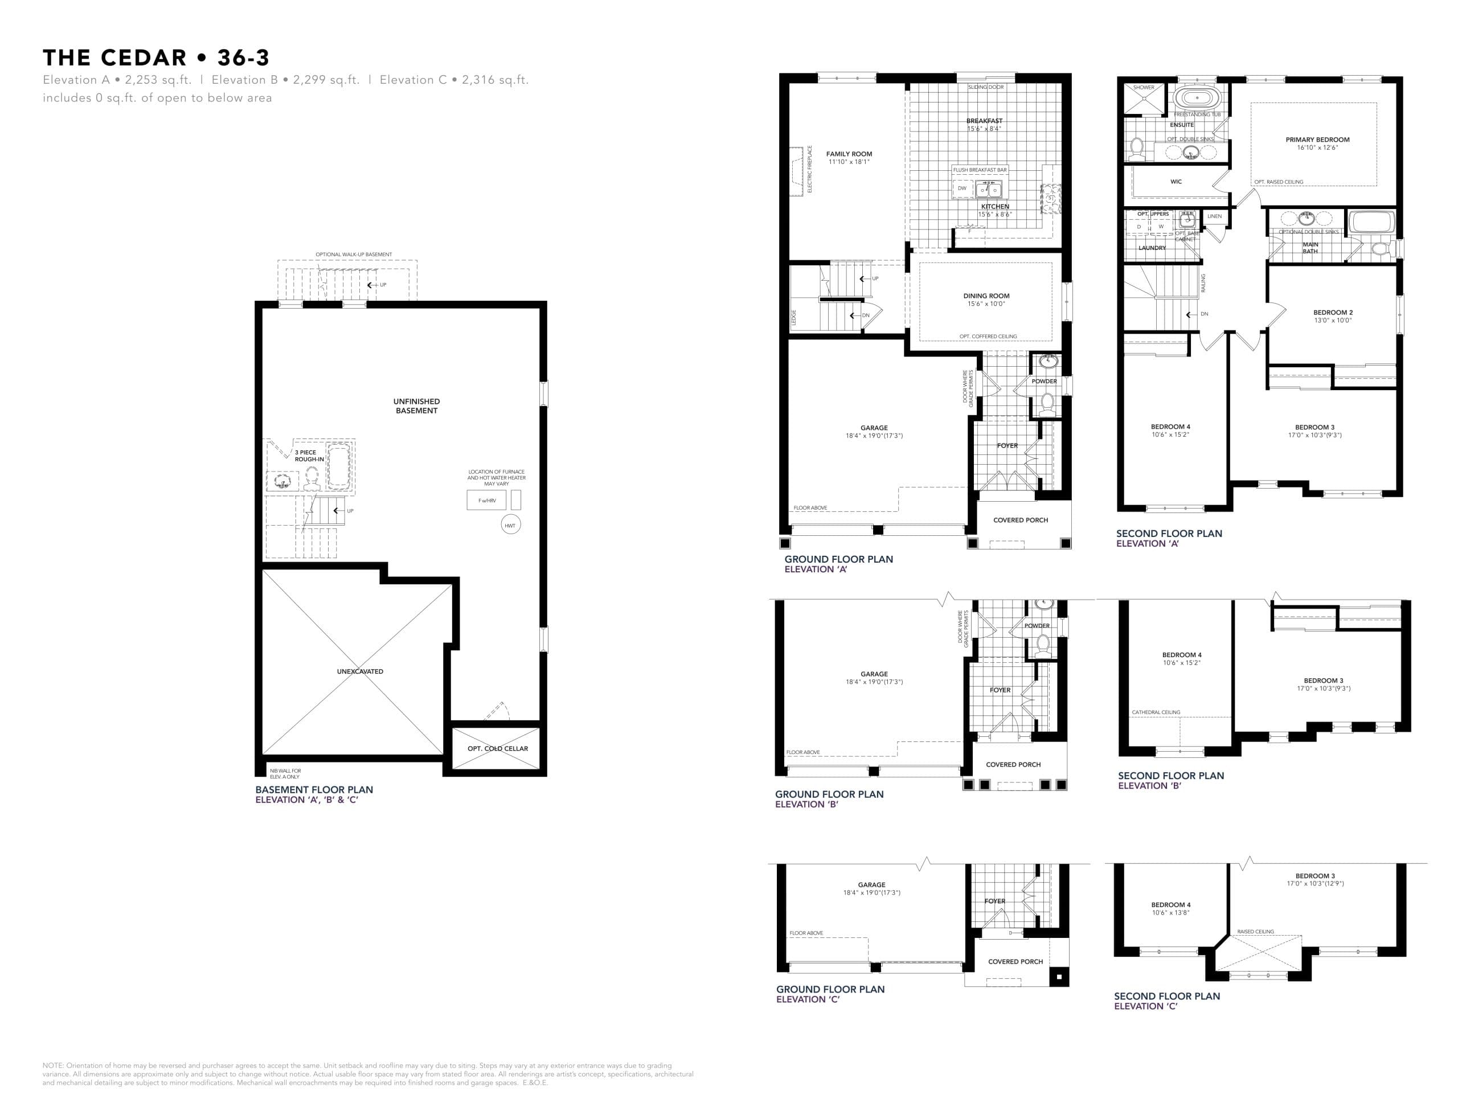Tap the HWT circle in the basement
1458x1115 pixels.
click(x=510, y=525)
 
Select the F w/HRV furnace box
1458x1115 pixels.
click(x=486, y=501)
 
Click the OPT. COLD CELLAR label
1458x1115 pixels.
click(x=497, y=748)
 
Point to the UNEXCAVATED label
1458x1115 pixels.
click(x=360, y=671)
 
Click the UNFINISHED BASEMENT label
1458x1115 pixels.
click(x=416, y=405)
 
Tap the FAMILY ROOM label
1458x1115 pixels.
click(x=849, y=154)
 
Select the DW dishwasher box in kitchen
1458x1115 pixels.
click(x=961, y=188)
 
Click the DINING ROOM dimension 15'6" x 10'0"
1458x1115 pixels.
click(x=986, y=304)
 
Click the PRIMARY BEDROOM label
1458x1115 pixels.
click(x=1317, y=140)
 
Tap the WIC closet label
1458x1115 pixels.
click(x=1176, y=181)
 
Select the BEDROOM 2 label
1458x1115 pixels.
click(x=1332, y=312)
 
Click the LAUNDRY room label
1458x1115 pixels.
click(x=1152, y=248)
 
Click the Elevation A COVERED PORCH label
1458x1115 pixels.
click(x=1020, y=520)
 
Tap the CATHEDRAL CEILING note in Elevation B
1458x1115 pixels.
click(x=1156, y=712)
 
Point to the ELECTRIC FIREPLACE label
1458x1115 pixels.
click(x=810, y=169)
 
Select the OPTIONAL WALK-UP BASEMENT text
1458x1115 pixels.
click(x=353, y=254)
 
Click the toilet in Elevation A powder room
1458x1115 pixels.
click(x=1047, y=403)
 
